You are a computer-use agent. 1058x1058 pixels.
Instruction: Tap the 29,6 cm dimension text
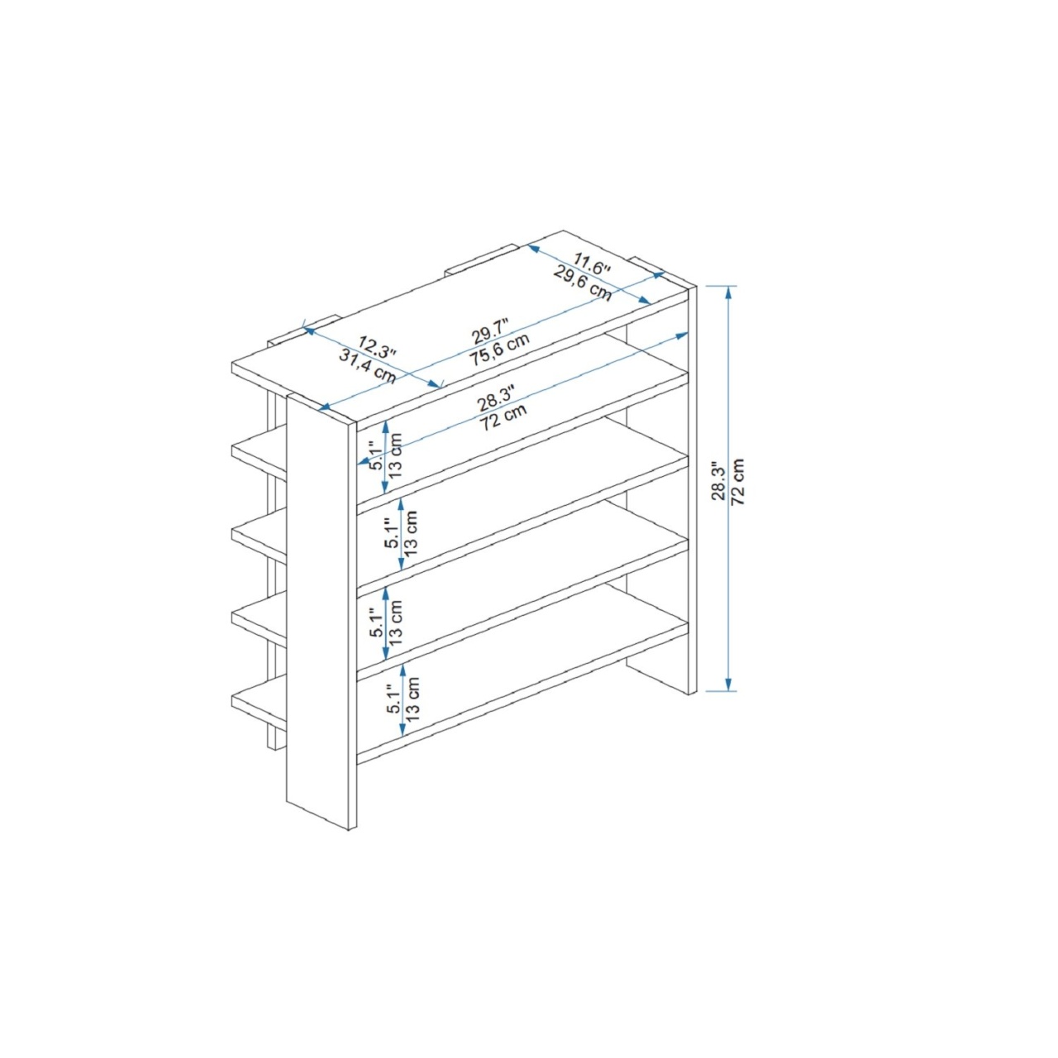582,283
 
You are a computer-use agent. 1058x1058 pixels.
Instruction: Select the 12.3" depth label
377,347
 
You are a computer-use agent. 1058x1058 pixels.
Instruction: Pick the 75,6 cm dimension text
499,350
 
